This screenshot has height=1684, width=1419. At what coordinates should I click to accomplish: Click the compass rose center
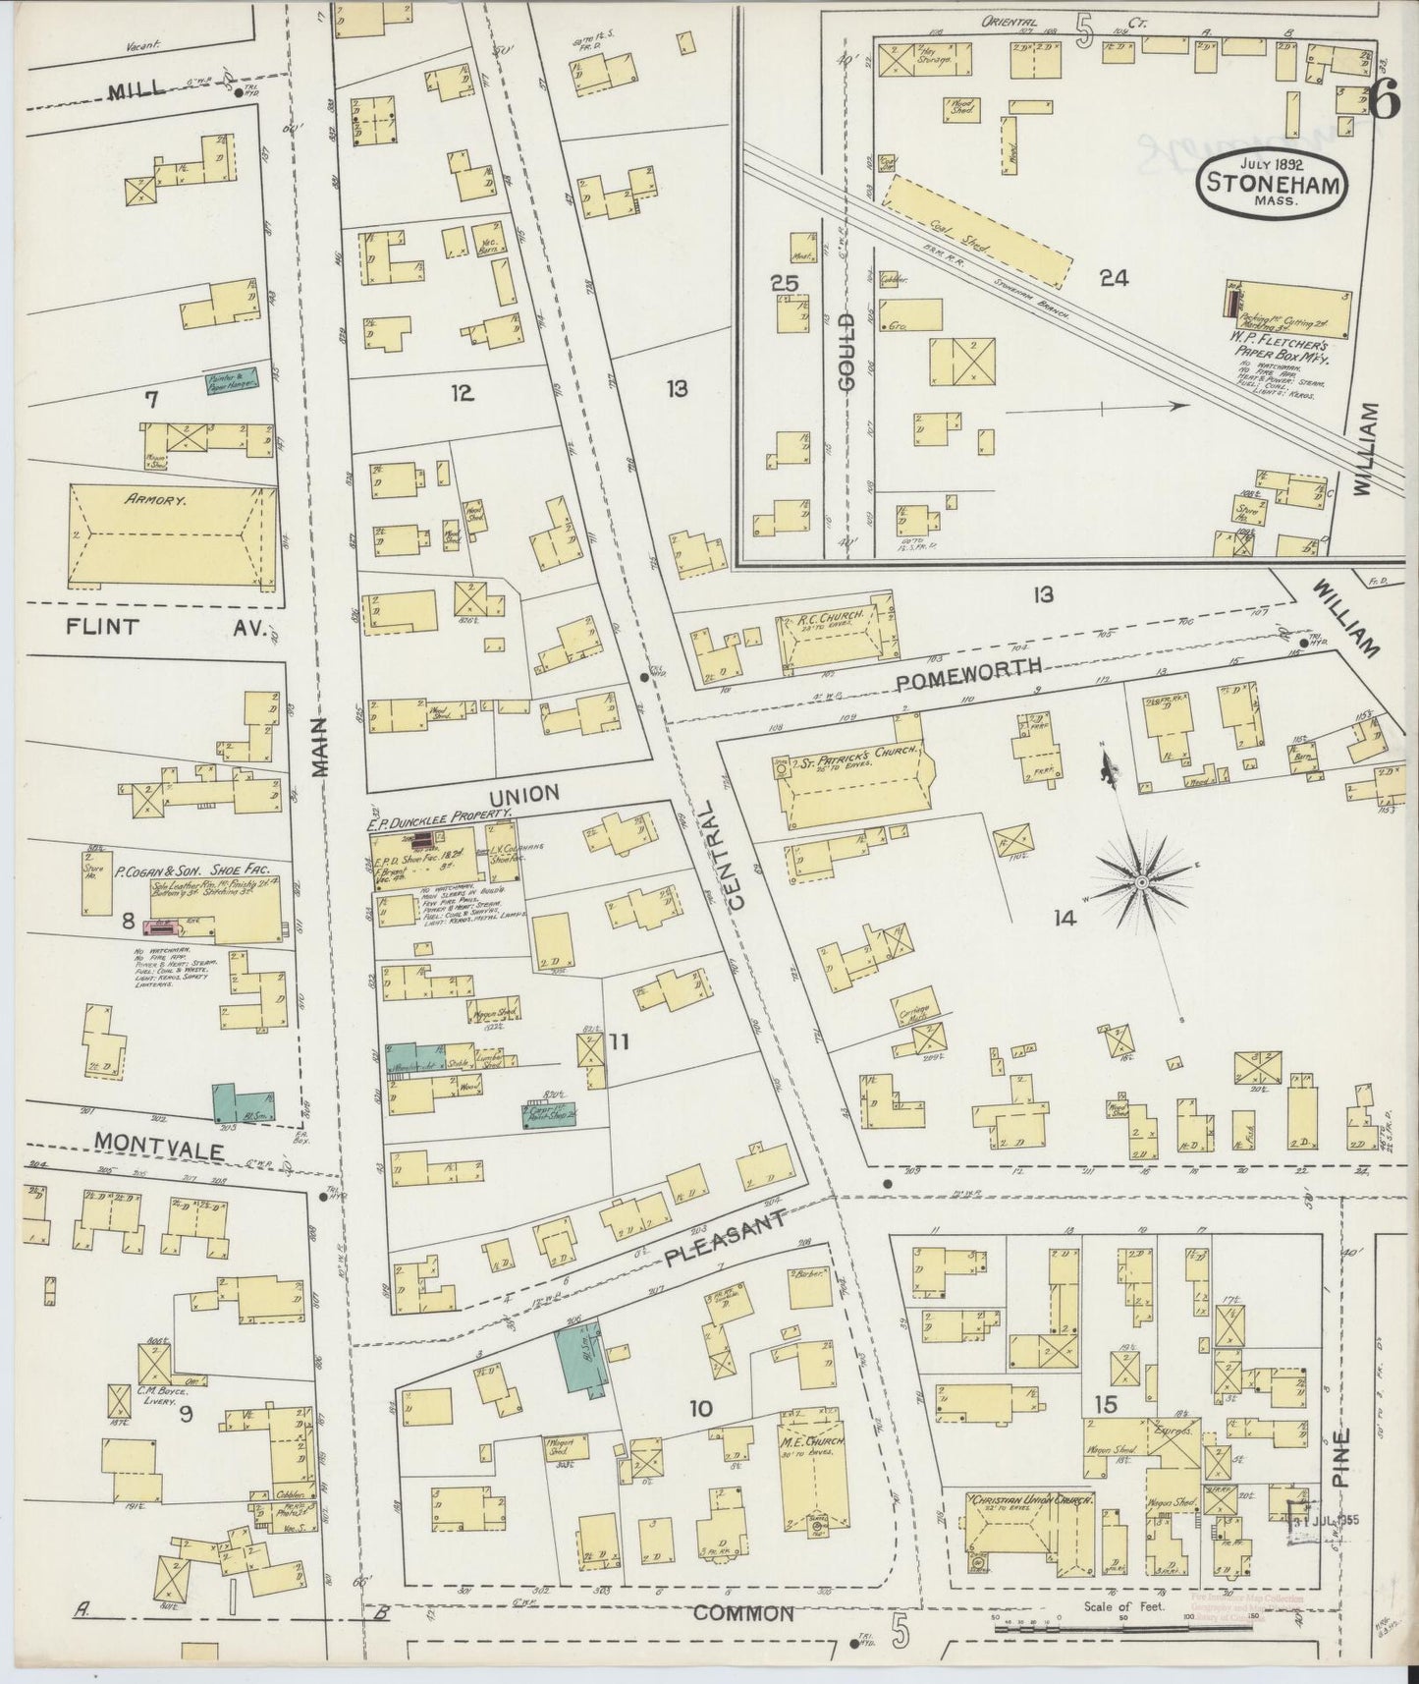[x=1141, y=883]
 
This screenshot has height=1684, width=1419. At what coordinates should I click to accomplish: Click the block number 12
[x=463, y=393]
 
